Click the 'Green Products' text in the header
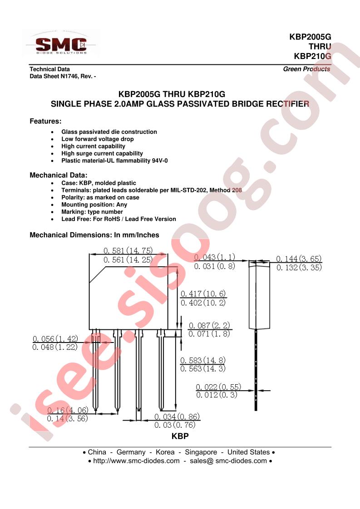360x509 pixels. pyautogui.click(x=306, y=69)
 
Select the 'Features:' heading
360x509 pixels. pyautogui.click(x=45, y=122)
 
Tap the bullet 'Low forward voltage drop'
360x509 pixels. pyautogui.click(x=98, y=139)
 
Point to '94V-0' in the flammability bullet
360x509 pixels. pyautogui.click(x=159, y=160)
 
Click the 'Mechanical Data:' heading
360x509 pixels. pyautogui.click(x=59, y=175)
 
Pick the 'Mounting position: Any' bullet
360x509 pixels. pyautogui.click(x=94, y=205)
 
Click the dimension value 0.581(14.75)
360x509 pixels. pyautogui.click(x=128, y=250)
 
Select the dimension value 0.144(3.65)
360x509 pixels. pyautogui.click(x=299, y=259)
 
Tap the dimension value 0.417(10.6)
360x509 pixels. pyautogui.click(x=203, y=294)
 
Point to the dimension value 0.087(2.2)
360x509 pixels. pyautogui.click(x=209, y=325)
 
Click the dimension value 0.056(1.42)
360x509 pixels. pyautogui.click(x=55, y=338)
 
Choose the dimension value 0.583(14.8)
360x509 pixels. pyautogui.click(x=203, y=360)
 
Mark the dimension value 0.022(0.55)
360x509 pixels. pyautogui.click(x=218, y=387)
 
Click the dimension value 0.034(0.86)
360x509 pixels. pyautogui.click(x=177, y=416)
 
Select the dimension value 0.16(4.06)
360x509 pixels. pyautogui.click(x=68, y=410)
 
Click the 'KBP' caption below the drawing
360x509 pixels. pyautogui.click(x=180, y=436)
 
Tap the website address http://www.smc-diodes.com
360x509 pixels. pyautogui.click(x=137, y=460)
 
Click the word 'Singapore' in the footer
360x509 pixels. pyautogui.click(x=201, y=452)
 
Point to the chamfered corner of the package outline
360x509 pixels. pyautogui.click(x=98, y=275)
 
